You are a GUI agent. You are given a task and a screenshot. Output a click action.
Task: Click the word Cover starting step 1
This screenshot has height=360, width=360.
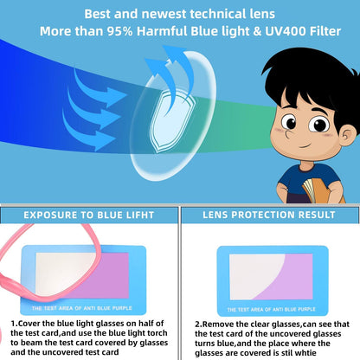31,324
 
